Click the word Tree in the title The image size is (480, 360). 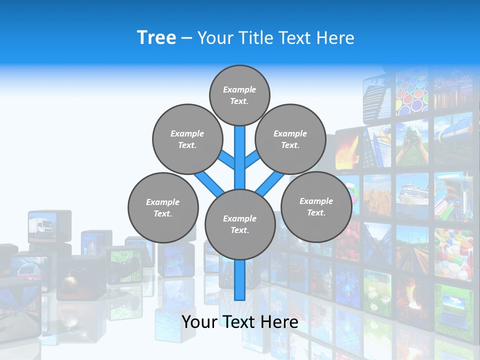click(156, 37)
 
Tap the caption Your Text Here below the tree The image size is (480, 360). click(239, 322)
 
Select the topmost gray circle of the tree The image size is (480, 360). click(239, 95)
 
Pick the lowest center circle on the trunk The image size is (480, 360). click(240, 224)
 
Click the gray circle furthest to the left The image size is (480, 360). click(163, 208)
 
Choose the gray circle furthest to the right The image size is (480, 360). click(316, 207)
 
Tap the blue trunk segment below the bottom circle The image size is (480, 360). click(240, 280)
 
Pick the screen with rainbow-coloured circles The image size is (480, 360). click(412, 92)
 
